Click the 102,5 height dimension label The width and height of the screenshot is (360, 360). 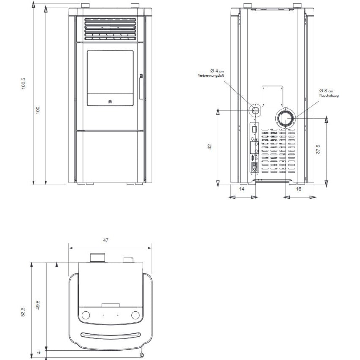click(x=23, y=83)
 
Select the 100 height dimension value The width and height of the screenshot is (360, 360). click(x=38, y=110)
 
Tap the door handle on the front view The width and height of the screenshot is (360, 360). click(x=141, y=86)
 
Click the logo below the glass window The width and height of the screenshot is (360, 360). click(x=110, y=102)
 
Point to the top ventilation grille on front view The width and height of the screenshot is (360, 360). click(x=110, y=29)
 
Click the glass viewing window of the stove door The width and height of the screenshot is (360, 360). click(x=110, y=78)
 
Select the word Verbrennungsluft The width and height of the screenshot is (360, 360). click(x=211, y=75)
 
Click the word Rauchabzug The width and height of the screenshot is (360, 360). click(x=329, y=95)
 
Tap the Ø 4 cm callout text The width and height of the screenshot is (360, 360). click(x=217, y=71)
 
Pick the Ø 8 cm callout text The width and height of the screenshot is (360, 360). click(x=326, y=91)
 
